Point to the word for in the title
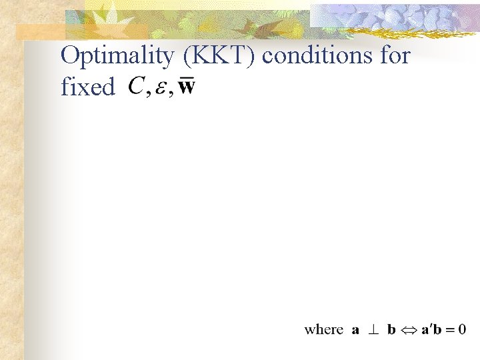pos(395,56)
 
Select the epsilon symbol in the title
pos(161,89)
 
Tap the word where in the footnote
pos(323,329)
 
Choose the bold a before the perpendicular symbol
pos(356,330)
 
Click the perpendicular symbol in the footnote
pos(375,329)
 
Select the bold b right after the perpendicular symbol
pos(392,329)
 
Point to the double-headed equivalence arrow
pos(409,330)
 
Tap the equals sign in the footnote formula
pos(449,330)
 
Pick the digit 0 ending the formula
pos(461,329)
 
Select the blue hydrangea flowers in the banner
pos(400,17)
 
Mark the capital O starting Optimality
pos(69,57)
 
